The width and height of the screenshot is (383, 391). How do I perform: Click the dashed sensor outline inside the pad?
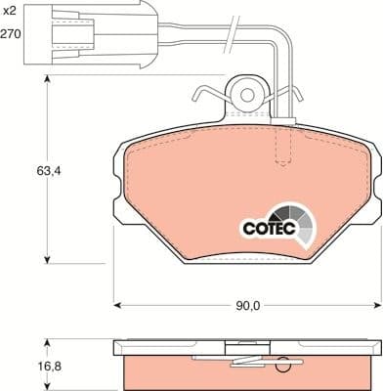coord(283,147)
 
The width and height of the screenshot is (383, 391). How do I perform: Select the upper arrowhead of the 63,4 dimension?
coord(46,85)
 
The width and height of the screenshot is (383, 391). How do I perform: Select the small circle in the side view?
coord(284,369)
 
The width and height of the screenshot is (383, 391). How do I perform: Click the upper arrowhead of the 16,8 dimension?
coord(46,342)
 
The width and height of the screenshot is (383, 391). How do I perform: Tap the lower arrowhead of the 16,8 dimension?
coord(46,386)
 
